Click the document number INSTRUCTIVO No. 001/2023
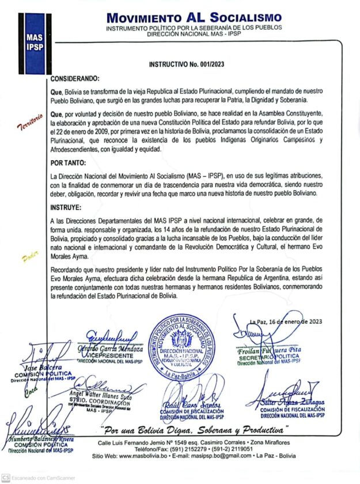186,66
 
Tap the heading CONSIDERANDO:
75,78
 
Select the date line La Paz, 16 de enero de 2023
286,322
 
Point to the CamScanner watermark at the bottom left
35,478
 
